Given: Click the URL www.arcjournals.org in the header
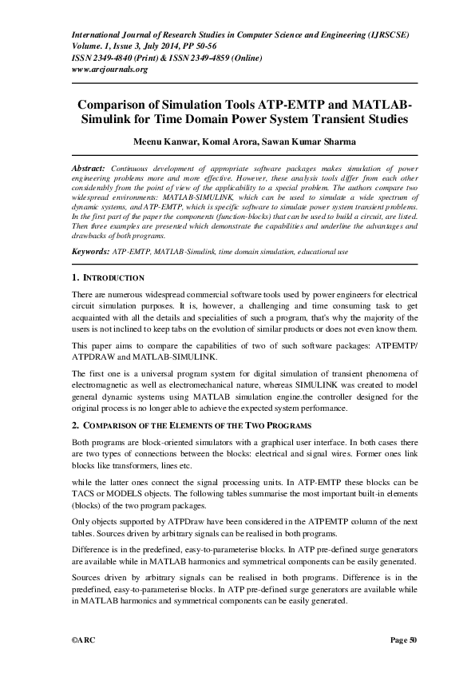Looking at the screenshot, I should tap(110, 70).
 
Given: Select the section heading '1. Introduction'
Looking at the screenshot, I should tap(108, 278).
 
